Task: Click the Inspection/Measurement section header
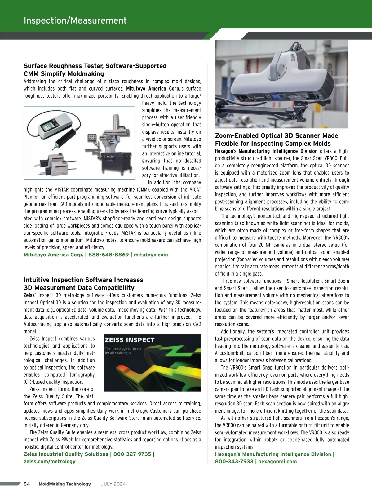click(x=75, y=20)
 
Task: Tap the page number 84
click(x=27, y=484)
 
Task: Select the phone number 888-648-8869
click(x=108, y=255)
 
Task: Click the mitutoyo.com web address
click(x=151, y=255)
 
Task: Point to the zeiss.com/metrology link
click(x=50, y=461)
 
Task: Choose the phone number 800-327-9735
click(x=132, y=454)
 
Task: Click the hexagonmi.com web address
click(x=277, y=461)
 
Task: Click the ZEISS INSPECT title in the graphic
click(x=129, y=340)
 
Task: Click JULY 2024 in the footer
click(x=113, y=484)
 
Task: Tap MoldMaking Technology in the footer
click(x=64, y=484)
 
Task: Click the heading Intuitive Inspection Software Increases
click(x=83, y=280)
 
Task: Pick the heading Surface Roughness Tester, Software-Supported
click(x=95, y=66)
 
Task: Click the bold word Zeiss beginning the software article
click(x=29, y=295)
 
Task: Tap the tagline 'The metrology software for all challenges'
click(x=123, y=351)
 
